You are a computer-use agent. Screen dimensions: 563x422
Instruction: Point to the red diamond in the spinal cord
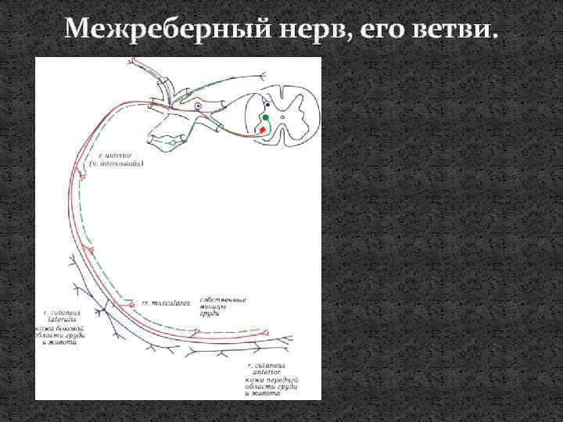click(262, 129)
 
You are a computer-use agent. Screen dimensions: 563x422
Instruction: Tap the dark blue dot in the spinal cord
click(268, 102)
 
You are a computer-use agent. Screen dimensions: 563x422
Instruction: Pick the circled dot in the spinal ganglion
click(199, 105)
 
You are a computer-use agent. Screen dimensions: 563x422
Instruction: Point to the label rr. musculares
click(160, 301)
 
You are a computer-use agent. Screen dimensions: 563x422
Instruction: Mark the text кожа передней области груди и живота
click(274, 388)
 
